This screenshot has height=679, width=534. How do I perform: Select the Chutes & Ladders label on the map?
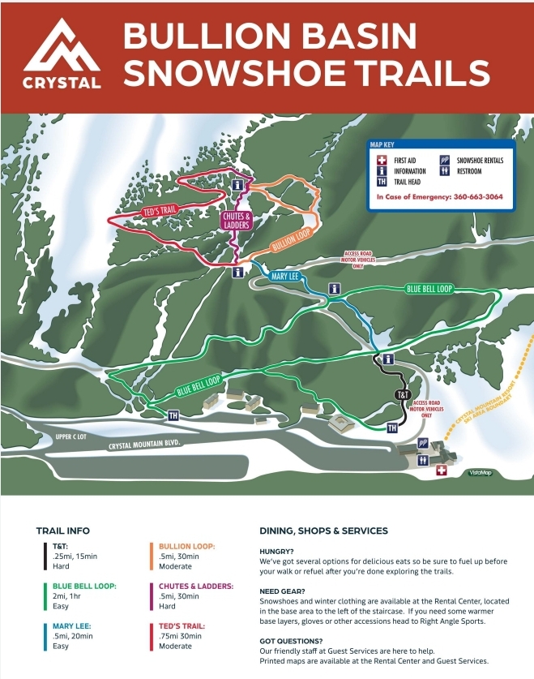coord(236,220)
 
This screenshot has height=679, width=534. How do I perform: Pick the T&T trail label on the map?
coord(403,395)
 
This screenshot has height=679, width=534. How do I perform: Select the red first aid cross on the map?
coord(442,471)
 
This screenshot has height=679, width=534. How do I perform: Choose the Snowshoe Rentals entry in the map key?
coord(479,161)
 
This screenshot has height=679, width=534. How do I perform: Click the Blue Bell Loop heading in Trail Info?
coord(83,585)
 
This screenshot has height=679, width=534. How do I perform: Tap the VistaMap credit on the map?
coord(481,472)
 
